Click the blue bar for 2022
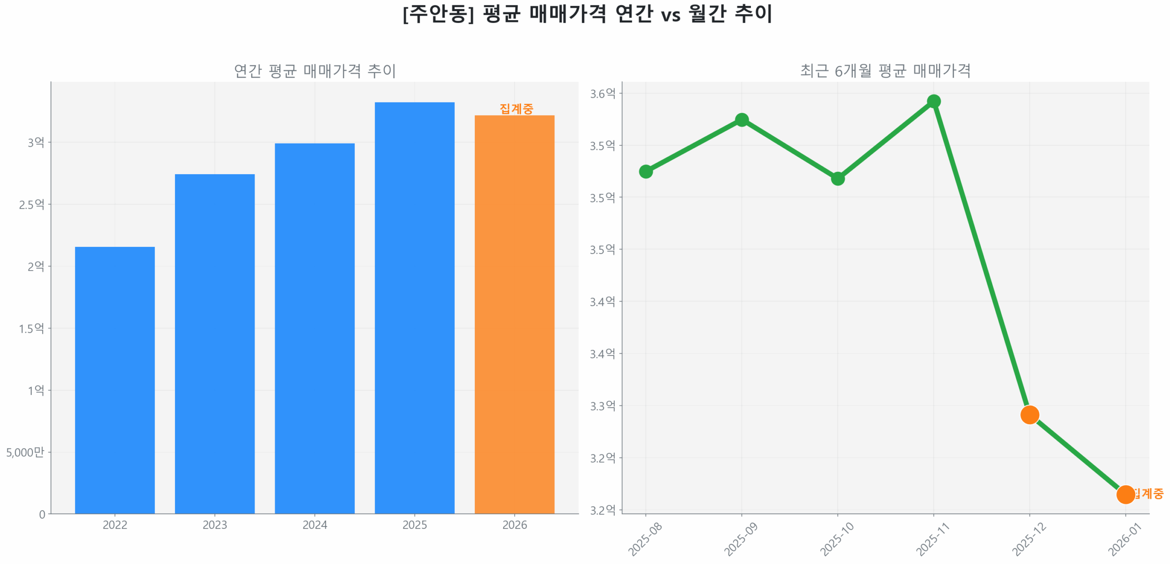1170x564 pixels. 114,379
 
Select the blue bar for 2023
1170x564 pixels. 214,343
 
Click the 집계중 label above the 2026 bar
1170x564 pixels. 516,108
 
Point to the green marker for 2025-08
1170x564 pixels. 645,171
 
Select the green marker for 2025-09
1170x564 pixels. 741,120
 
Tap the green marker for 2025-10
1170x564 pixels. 837,178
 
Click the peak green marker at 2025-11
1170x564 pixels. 933,101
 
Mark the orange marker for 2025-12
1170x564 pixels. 1029,415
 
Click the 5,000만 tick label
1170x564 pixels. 25,452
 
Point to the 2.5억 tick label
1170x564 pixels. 32,204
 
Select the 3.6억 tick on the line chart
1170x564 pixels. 602,94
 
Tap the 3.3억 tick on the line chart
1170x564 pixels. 602,406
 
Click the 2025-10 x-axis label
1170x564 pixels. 836,539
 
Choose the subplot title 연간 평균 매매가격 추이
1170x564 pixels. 314,71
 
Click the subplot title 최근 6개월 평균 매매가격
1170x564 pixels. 885,71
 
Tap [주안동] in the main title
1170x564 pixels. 438,14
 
